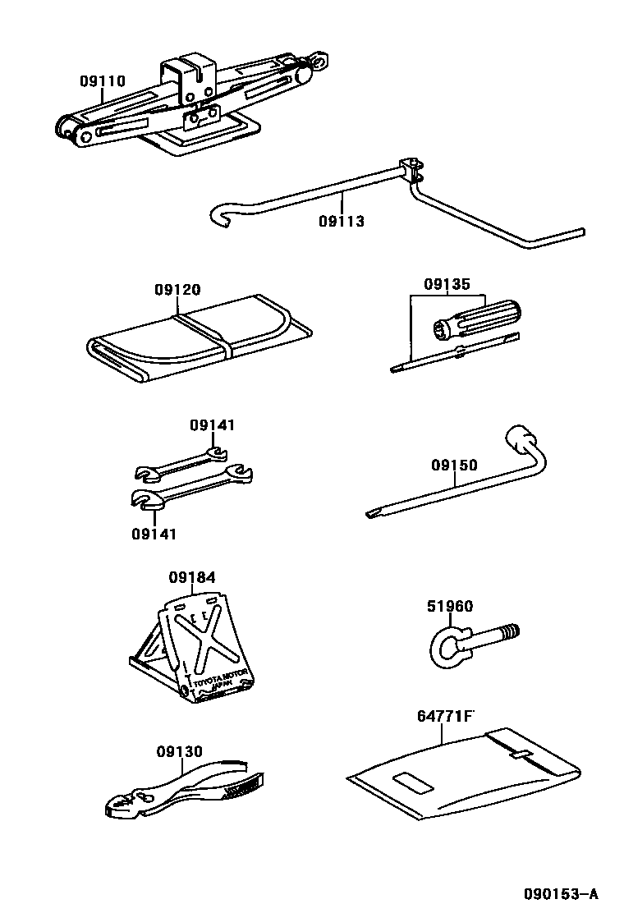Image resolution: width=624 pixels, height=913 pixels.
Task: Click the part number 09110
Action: [x=103, y=81]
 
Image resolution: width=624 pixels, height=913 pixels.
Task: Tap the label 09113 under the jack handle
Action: [x=342, y=222]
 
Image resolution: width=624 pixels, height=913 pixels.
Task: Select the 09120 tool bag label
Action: [x=177, y=290]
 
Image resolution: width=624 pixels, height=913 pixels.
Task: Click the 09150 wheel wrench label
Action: [x=454, y=466]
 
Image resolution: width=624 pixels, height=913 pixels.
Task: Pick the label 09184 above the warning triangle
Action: [x=193, y=578]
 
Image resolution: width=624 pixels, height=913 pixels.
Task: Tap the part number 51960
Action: [x=450, y=607]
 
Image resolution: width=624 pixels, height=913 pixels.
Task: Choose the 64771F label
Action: [x=446, y=717]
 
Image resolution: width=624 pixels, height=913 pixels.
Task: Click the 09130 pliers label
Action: [x=179, y=751]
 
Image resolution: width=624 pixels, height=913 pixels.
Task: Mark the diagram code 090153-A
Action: [x=562, y=893]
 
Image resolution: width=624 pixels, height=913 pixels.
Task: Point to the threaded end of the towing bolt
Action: [x=509, y=633]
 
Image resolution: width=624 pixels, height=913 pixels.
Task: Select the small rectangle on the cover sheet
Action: [x=410, y=782]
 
